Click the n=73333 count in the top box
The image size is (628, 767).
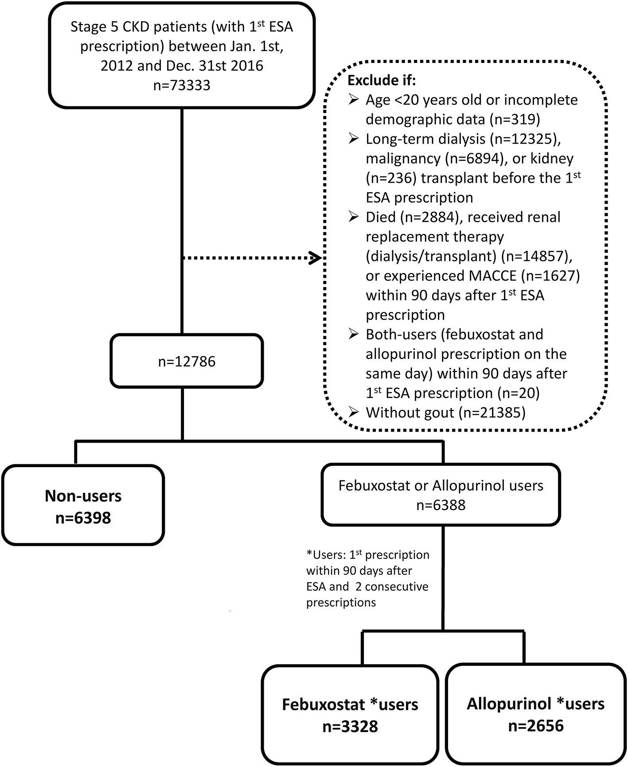[181, 85]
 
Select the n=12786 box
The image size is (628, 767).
[187, 361]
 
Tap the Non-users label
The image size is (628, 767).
[83, 496]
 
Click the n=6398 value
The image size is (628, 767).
[83, 517]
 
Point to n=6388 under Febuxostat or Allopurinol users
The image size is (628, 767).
[441, 505]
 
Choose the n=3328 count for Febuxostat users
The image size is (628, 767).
[350, 726]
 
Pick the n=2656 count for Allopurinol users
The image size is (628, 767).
[535, 725]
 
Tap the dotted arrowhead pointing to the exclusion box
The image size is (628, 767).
[316, 257]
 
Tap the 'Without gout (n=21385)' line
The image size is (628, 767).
[445, 413]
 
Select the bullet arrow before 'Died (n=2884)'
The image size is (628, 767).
[354, 217]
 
